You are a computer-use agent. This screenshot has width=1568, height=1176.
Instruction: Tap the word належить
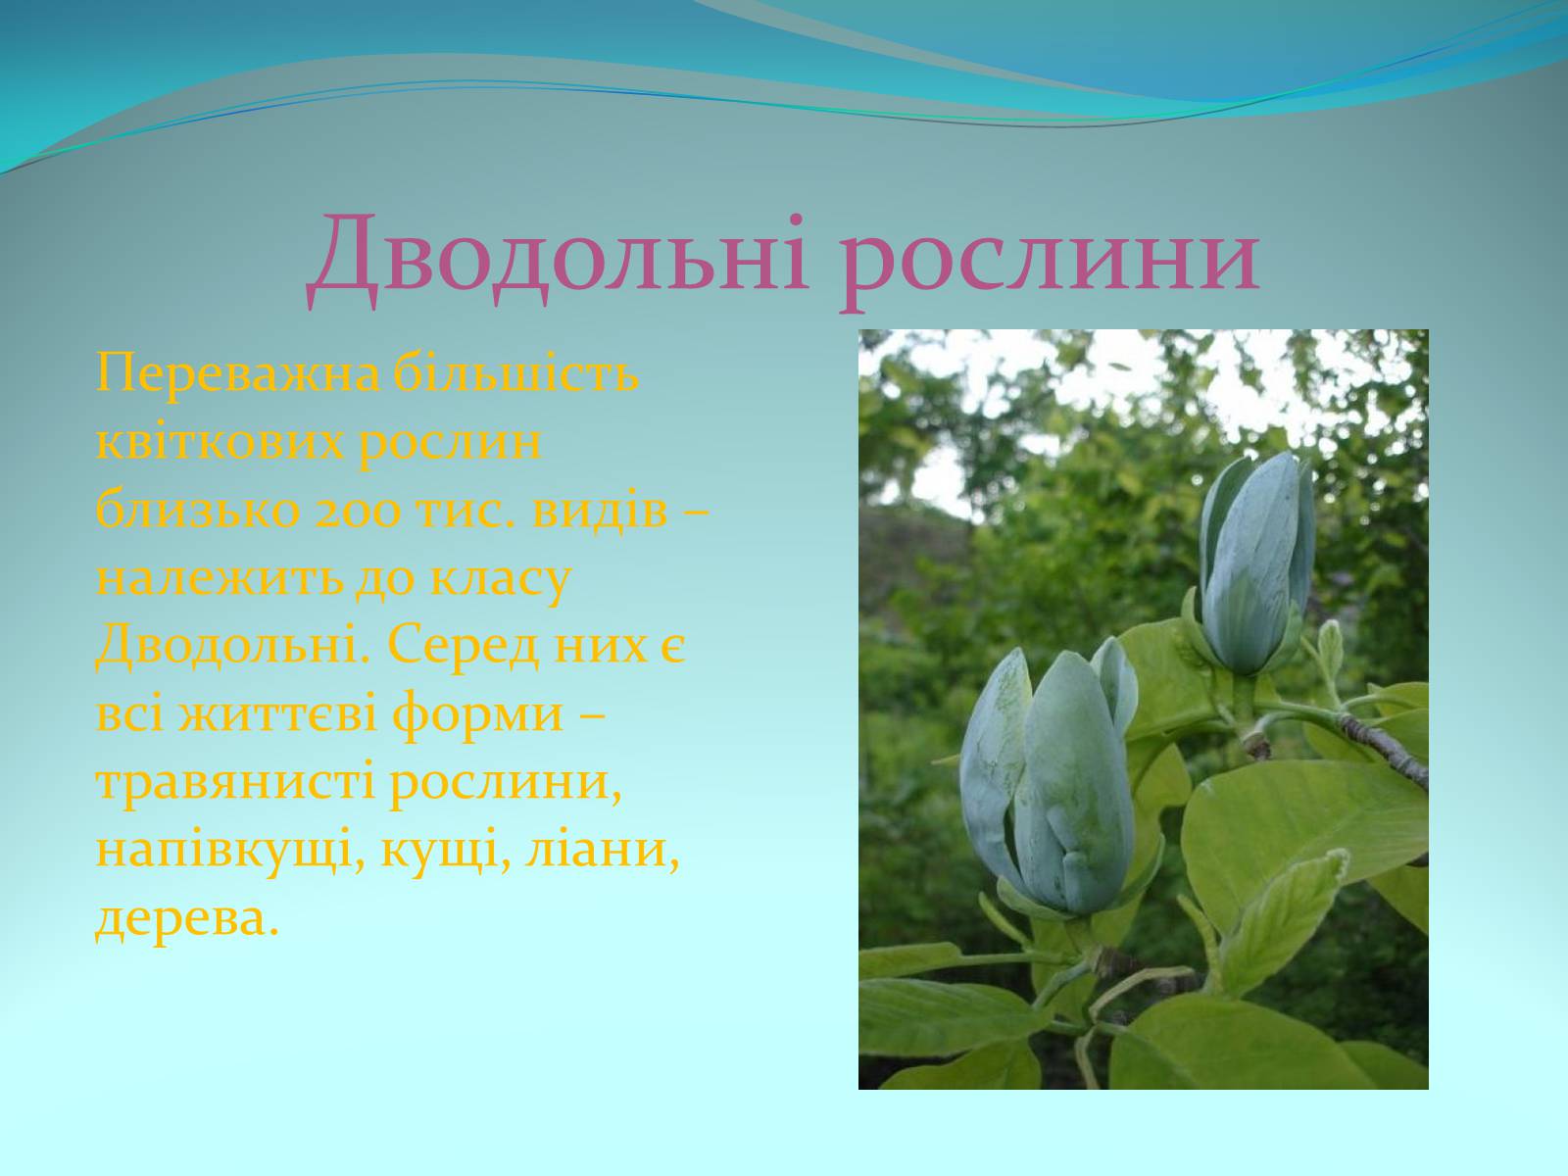coord(220,579)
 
